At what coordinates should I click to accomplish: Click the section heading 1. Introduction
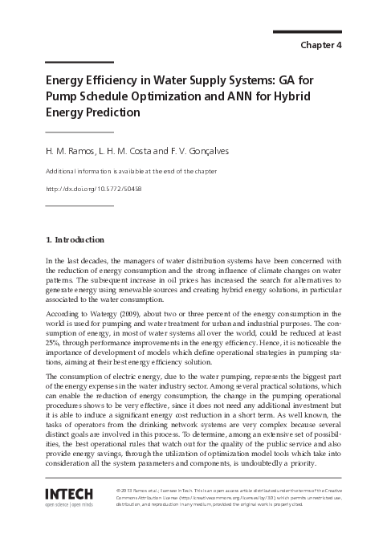coord(75,239)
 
